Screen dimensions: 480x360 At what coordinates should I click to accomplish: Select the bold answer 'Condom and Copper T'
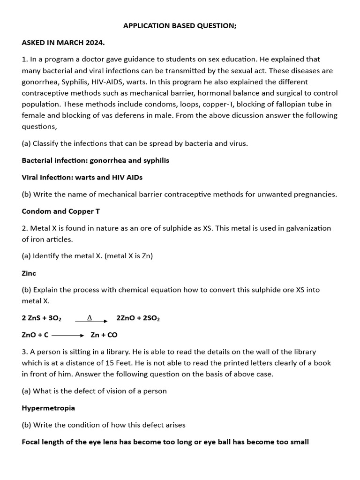(60, 211)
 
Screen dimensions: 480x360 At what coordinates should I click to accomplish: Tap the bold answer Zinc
(29, 273)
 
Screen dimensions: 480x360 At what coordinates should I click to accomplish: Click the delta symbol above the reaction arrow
(90, 318)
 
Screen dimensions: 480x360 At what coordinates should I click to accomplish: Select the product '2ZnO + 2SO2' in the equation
(138, 318)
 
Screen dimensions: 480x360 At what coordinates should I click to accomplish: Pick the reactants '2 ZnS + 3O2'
(41, 318)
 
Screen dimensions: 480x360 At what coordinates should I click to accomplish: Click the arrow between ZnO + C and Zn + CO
(67, 335)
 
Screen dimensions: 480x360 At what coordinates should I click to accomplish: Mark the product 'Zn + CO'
(104, 335)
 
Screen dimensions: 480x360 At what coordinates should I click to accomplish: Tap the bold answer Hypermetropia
(48, 408)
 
